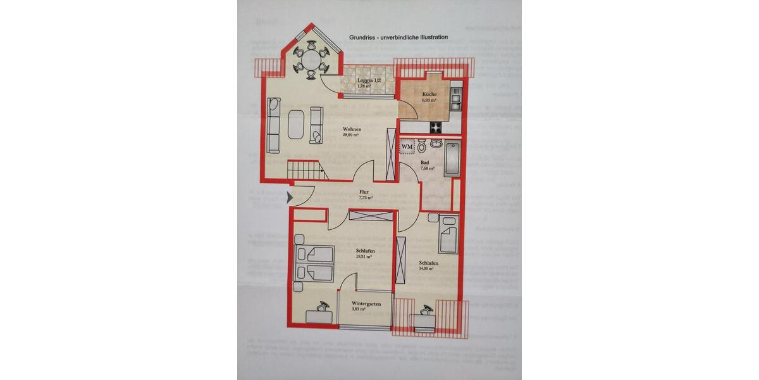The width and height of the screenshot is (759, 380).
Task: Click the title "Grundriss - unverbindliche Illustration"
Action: tap(398, 37)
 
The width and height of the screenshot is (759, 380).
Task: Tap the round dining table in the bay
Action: tap(311, 60)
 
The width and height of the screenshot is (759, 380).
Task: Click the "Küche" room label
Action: tap(429, 95)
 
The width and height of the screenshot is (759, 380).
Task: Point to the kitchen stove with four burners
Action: tap(437, 127)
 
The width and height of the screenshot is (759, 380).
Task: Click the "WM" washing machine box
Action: tap(407, 147)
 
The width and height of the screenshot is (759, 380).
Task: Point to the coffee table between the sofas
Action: tap(296, 123)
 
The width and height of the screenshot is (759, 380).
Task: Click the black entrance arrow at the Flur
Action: tap(290, 198)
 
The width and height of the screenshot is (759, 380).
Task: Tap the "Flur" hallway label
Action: tap(364, 192)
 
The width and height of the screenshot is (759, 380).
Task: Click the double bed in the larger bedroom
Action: tap(314, 263)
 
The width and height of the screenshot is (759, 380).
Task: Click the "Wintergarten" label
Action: tap(366, 304)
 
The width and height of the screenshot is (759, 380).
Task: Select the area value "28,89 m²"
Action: tap(351, 135)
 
